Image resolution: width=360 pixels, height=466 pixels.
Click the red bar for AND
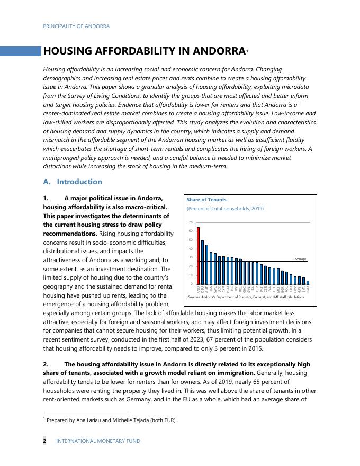point(198,256)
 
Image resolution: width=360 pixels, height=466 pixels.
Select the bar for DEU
point(202,263)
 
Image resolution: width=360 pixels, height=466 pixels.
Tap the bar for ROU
point(308,283)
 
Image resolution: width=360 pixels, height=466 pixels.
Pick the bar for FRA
point(211,268)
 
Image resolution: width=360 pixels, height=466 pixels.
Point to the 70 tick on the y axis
point(191,222)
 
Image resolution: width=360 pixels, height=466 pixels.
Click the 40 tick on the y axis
point(191,249)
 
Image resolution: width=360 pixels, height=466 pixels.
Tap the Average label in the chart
point(300,259)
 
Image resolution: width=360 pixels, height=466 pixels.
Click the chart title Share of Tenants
point(206,200)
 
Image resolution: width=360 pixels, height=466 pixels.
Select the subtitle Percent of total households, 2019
point(225,209)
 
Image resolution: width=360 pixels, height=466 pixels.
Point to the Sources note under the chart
point(246,297)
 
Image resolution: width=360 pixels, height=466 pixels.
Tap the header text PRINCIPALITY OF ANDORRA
point(76,26)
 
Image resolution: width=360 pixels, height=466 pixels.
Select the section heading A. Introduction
point(73,182)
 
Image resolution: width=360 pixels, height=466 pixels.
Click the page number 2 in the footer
point(45,441)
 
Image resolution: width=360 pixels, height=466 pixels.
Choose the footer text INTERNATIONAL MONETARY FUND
point(98,441)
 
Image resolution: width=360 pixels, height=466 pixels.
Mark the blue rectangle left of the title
point(21,51)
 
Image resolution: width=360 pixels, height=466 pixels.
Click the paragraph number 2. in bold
point(46,364)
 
